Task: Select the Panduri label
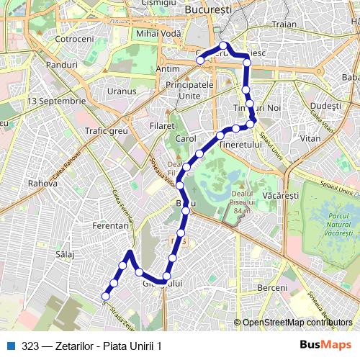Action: pyautogui.click(x=61, y=65)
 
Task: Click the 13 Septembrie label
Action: pyautogui.click(x=55, y=101)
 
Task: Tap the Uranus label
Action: pyautogui.click(x=121, y=91)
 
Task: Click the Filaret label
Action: pyautogui.click(x=163, y=125)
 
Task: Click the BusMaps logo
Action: pyautogui.click(x=325, y=345)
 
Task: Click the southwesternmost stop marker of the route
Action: pyautogui.click(x=106, y=296)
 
